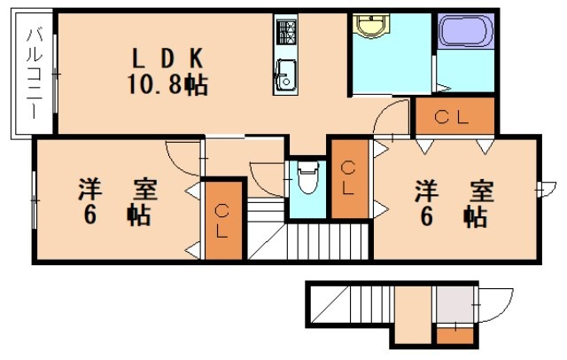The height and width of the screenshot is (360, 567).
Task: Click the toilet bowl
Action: (307, 181)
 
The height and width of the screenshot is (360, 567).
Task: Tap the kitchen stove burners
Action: (286, 33)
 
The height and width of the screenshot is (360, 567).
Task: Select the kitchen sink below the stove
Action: (285, 75)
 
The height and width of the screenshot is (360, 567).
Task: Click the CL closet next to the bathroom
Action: (454, 115)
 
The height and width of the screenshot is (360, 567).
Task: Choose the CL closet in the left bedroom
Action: (222, 219)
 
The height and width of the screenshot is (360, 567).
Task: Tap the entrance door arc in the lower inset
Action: (490, 306)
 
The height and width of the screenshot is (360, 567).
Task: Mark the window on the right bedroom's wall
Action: (540, 188)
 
